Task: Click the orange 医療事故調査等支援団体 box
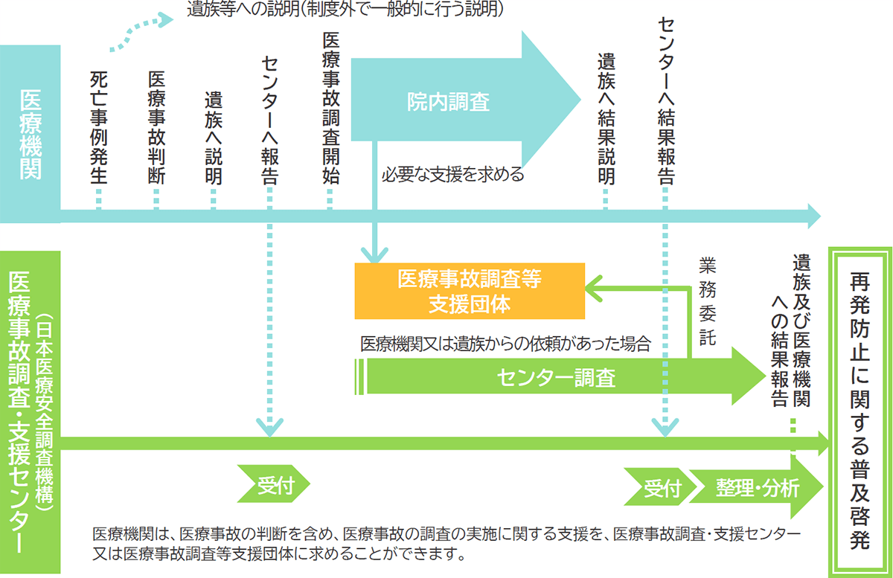[x=469, y=292]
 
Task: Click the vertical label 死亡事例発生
[x=99, y=127]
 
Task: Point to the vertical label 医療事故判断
[x=156, y=127]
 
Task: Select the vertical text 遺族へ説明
[x=214, y=138]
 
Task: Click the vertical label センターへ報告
[x=270, y=119]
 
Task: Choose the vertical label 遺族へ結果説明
[x=606, y=119]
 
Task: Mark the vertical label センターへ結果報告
[x=665, y=100]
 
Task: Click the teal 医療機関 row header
[x=31, y=134]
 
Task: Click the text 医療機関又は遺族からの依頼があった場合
[x=506, y=344]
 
